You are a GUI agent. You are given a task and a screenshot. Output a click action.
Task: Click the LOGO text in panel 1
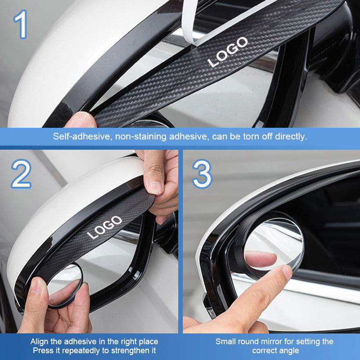[x=228, y=52]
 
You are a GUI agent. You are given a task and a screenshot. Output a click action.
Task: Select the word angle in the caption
[x=288, y=351]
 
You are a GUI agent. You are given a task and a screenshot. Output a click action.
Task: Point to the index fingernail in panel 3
[x=287, y=272]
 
